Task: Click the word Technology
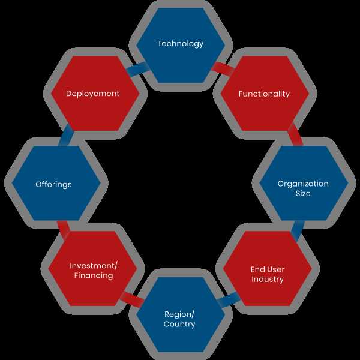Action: coord(181,44)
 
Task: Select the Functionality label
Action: coord(264,94)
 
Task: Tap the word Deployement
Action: coord(92,94)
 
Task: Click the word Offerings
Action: coord(53,184)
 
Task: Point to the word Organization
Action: coord(303,184)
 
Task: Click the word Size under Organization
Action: coord(303,193)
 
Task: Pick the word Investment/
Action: coord(94,266)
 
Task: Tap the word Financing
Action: coord(94,275)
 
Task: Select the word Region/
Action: coord(179,314)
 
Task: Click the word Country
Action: coord(179,324)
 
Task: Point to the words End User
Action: coord(268,269)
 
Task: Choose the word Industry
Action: coord(268,279)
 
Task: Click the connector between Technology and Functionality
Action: coord(223,68)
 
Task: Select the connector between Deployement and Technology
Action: coord(138,69)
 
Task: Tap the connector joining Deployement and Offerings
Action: coord(66,135)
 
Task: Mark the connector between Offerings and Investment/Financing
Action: coord(64,230)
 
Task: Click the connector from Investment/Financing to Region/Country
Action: coord(132,299)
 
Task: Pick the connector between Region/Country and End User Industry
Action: coord(229,299)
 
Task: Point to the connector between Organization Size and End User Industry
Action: coord(298,231)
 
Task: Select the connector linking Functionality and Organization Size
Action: coord(295,134)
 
